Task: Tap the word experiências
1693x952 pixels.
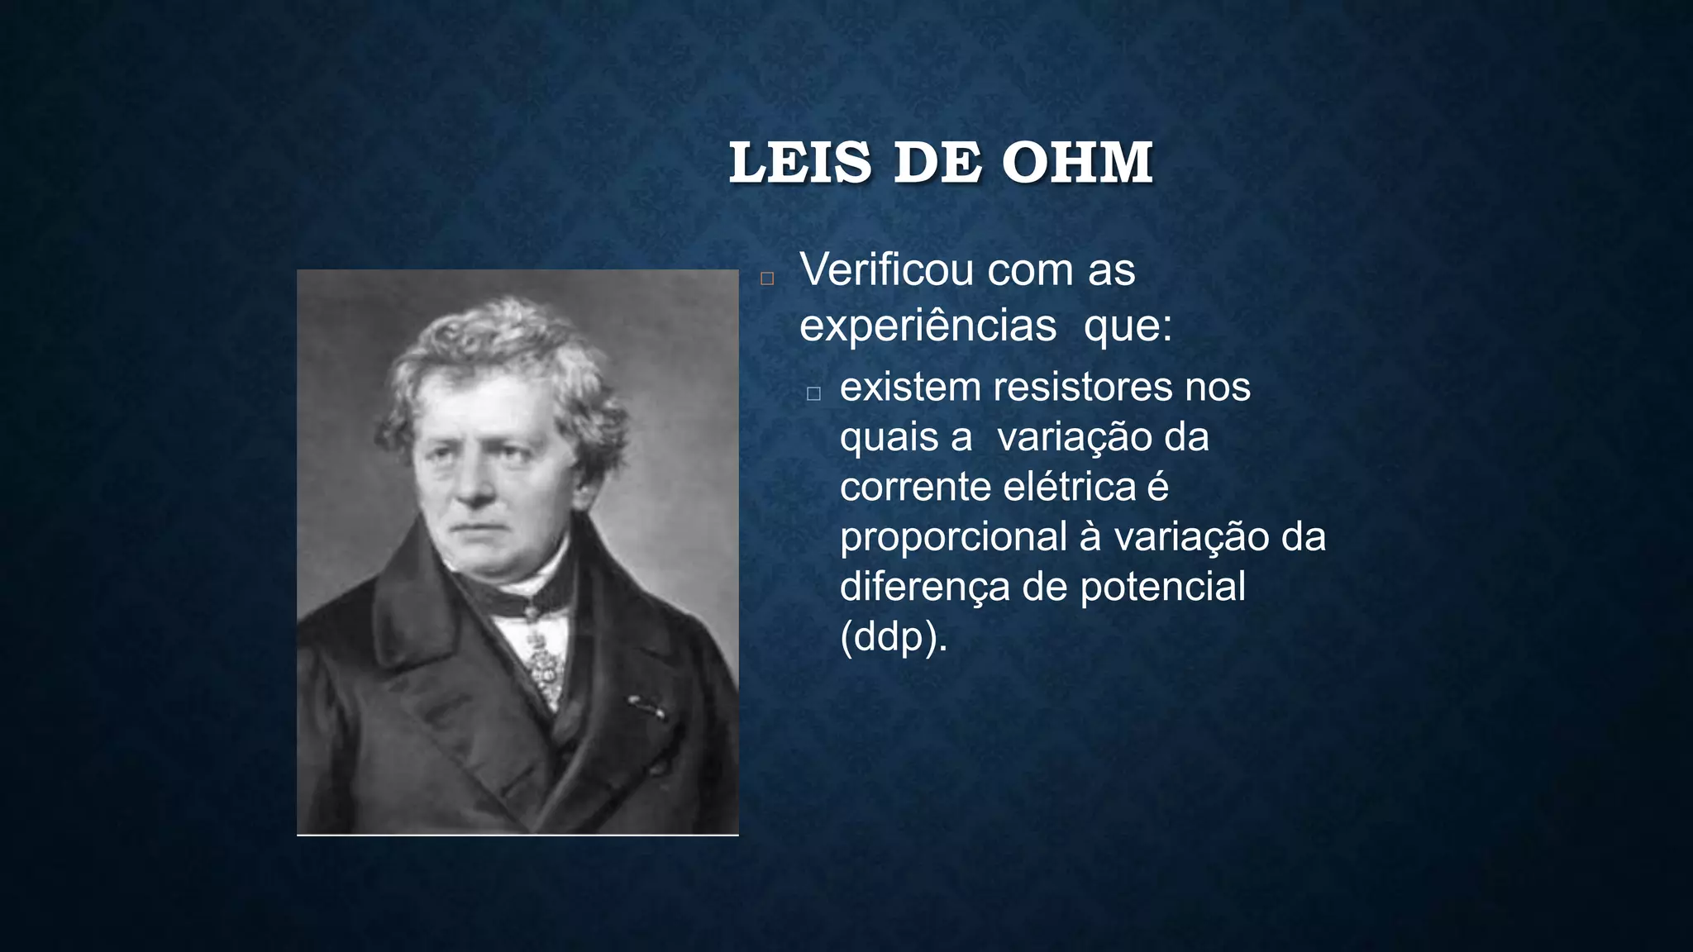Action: (928, 326)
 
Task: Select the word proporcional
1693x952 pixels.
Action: (953, 537)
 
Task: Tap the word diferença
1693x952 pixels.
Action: (925, 588)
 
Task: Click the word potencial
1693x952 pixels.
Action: (1162, 587)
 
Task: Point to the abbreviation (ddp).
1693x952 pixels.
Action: (893, 637)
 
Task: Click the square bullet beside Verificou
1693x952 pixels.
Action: (767, 278)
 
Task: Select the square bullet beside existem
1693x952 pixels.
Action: (813, 394)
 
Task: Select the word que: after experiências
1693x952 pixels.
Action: (1128, 326)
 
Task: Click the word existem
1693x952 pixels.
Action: (909, 387)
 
